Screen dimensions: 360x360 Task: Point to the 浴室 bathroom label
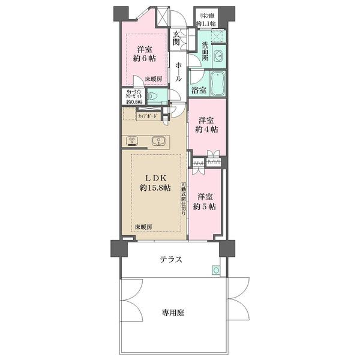tap(199, 90)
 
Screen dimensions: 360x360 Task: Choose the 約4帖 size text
tap(206, 129)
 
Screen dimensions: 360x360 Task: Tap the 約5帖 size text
tap(206, 207)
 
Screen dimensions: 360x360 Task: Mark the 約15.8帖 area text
tap(155, 188)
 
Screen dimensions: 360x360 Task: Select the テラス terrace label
tap(171, 259)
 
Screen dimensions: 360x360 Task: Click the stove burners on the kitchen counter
tap(132, 142)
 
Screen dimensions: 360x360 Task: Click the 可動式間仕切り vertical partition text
tap(184, 200)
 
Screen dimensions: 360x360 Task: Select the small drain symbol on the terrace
tap(215, 271)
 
